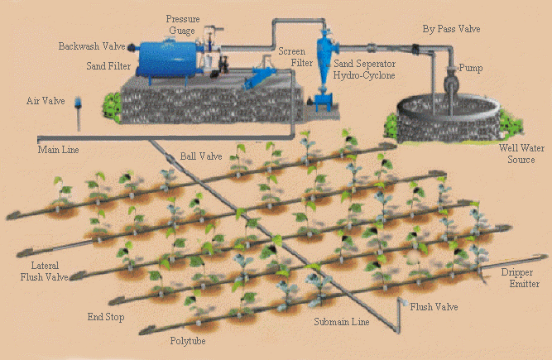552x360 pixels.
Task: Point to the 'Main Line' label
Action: coord(58,150)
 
